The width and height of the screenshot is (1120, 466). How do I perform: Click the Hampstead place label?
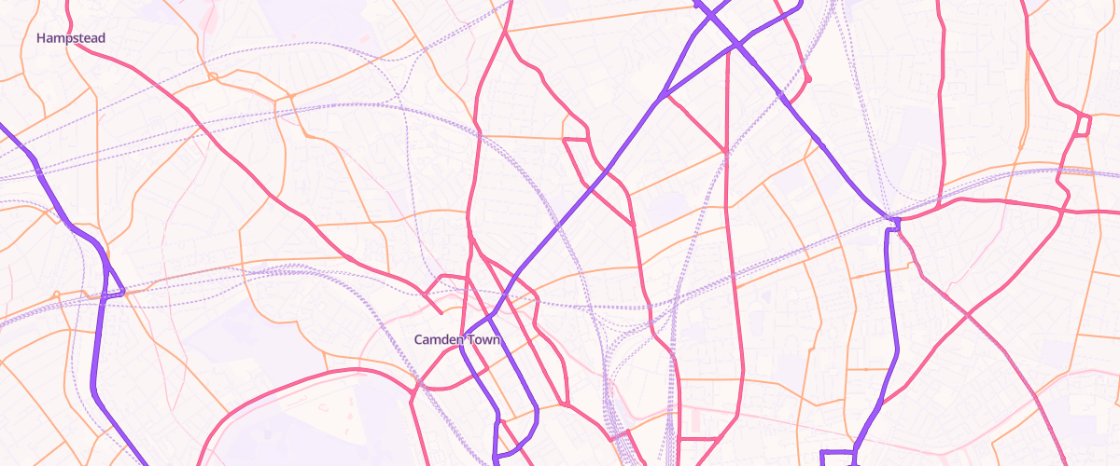pyautogui.click(x=71, y=38)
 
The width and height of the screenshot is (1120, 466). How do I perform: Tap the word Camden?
pyautogui.click(x=439, y=340)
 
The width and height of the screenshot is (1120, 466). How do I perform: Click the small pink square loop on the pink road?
pyautogui.click(x=1084, y=124)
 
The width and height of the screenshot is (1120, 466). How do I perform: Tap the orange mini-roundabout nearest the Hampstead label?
pyautogui.click(x=213, y=76)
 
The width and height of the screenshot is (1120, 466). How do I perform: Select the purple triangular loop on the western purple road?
pyautogui.click(x=111, y=280)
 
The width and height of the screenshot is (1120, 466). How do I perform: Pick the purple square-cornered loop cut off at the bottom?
pyautogui.click(x=837, y=458)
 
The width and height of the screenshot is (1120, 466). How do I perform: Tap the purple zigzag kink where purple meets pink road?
pyautogui.click(x=893, y=223)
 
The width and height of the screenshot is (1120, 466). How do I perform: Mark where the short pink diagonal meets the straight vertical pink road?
pyautogui.click(x=726, y=150)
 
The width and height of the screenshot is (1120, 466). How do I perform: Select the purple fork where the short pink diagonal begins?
pyautogui.click(x=661, y=96)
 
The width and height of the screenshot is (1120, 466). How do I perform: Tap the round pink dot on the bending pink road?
pyautogui.click(x=807, y=80)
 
